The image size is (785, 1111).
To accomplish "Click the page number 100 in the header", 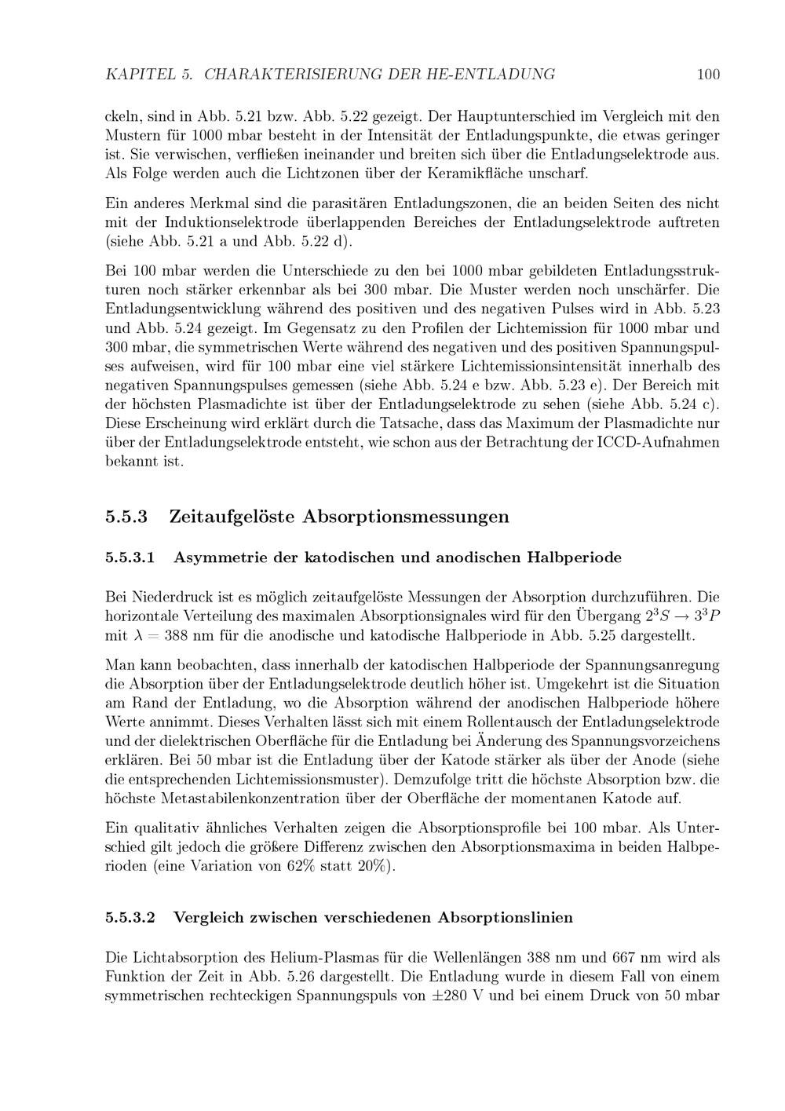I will (x=707, y=75).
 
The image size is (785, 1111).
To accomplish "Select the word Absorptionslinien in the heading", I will (x=505, y=917).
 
